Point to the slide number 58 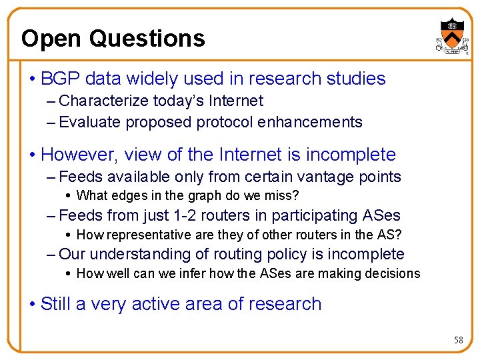click(x=458, y=340)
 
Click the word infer click(x=184, y=273)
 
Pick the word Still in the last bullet click(x=55, y=304)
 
